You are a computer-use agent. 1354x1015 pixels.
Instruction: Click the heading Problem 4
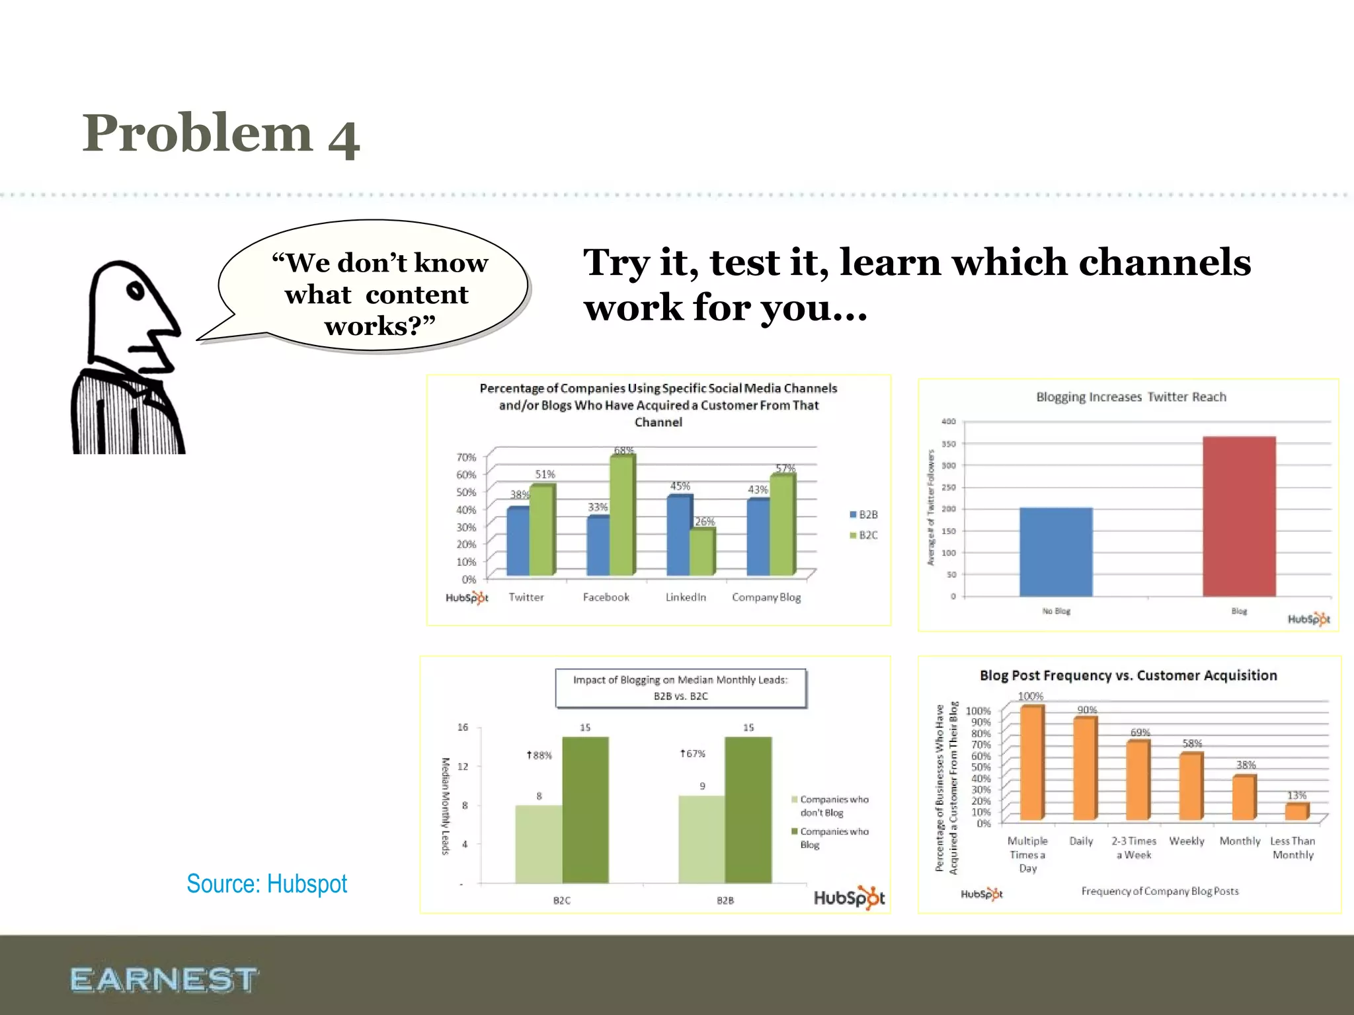pyautogui.click(x=220, y=134)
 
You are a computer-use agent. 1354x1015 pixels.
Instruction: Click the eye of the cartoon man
pyautogui.click(x=136, y=291)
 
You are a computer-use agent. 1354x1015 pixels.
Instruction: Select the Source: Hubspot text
pyautogui.click(x=266, y=884)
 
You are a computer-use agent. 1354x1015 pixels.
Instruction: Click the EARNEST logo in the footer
pyautogui.click(x=163, y=979)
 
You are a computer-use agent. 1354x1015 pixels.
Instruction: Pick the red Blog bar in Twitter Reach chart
pyautogui.click(x=1238, y=517)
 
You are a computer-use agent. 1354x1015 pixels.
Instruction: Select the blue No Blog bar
pyautogui.click(x=1056, y=552)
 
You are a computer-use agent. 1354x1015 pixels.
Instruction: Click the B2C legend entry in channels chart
pyautogui.click(x=864, y=535)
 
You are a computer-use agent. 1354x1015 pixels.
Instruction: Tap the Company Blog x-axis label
pyautogui.click(x=766, y=597)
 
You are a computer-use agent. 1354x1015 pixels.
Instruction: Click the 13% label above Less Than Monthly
pyautogui.click(x=1296, y=795)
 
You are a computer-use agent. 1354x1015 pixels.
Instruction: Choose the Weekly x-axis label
pyautogui.click(x=1187, y=841)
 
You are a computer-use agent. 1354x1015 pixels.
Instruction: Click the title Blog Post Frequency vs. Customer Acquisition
pyautogui.click(x=1128, y=675)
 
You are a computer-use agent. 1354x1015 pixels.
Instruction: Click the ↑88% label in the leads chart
pyautogui.click(x=539, y=755)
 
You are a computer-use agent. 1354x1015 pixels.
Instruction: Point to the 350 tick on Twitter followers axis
pyautogui.click(x=949, y=444)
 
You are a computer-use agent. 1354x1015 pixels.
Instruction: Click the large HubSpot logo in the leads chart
pyautogui.click(x=849, y=897)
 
